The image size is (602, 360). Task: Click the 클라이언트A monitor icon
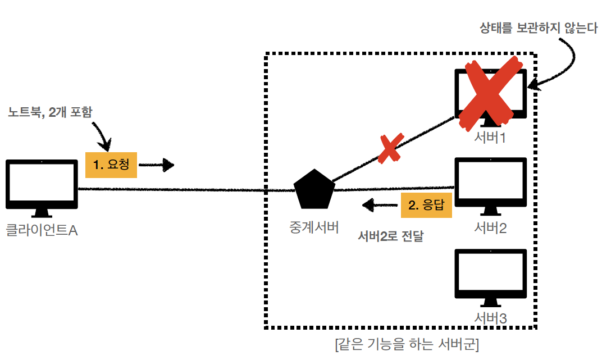click(x=42, y=184)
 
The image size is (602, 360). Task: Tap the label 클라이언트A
click(x=42, y=230)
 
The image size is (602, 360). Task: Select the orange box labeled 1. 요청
click(x=111, y=165)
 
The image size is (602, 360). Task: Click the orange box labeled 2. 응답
click(x=426, y=205)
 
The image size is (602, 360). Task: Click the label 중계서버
click(x=314, y=228)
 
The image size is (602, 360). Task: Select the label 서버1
click(x=490, y=137)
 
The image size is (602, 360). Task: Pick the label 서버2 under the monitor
click(x=490, y=228)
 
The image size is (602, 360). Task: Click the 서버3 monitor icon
click(x=490, y=275)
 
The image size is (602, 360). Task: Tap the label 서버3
click(x=490, y=318)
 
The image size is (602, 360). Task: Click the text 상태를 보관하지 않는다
click(x=539, y=28)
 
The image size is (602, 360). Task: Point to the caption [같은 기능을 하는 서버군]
click(x=406, y=344)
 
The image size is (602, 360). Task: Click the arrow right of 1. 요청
click(x=157, y=165)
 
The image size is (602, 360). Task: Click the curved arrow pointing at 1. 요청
click(x=104, y=135)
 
